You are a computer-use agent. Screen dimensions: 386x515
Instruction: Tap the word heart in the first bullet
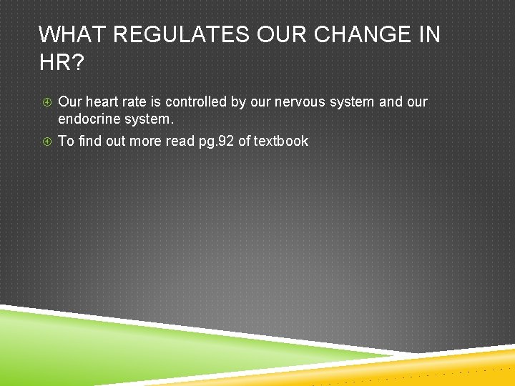click(102, 102)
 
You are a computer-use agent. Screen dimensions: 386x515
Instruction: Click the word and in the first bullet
click(391, 102)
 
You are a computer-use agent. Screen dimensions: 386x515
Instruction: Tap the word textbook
click(281, 141)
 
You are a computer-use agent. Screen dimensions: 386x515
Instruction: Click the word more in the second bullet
click(146, 141)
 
